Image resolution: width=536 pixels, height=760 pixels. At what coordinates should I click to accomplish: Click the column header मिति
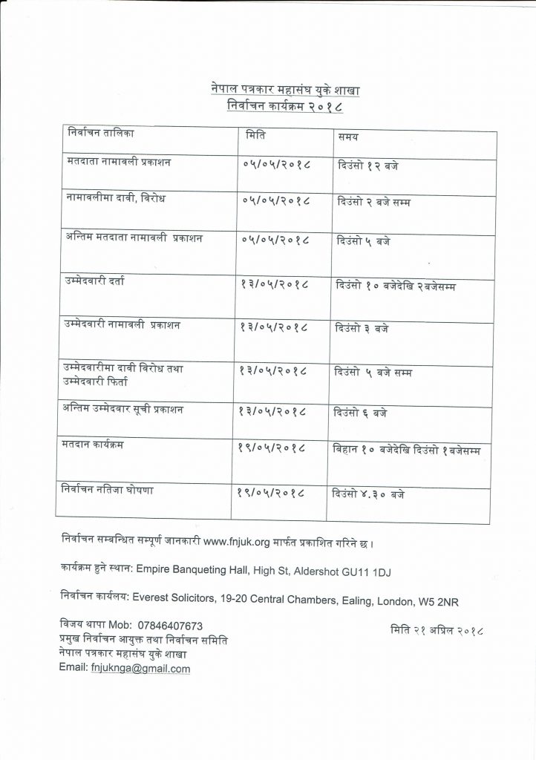click(257, 136)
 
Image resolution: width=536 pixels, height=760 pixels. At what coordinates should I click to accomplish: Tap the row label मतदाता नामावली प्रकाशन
click(119, 161)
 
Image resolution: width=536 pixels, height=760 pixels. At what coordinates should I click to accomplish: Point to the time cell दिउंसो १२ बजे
click(367, 164)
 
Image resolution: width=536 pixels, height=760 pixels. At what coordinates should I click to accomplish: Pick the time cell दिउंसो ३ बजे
click(362, 327)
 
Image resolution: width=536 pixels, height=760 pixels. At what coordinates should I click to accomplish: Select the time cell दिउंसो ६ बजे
click(362, 411)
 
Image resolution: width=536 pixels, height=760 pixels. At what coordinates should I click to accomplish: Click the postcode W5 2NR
click(426, 599)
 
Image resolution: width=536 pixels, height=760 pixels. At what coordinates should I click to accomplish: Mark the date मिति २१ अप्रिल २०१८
click(437, 631)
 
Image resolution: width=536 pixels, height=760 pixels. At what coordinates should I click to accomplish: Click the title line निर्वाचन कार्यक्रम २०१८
click(285, 107)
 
